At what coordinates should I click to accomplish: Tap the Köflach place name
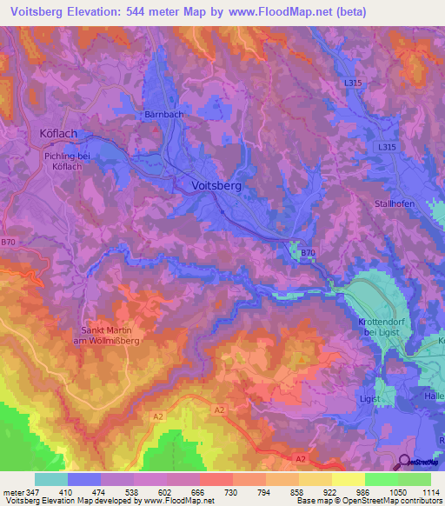59,133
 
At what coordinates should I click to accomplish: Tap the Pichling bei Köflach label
66,161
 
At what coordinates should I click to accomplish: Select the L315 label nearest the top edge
352,83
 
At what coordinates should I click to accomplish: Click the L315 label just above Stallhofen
387,148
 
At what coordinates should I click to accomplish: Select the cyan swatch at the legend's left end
50,479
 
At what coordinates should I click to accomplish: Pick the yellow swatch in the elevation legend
348,479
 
